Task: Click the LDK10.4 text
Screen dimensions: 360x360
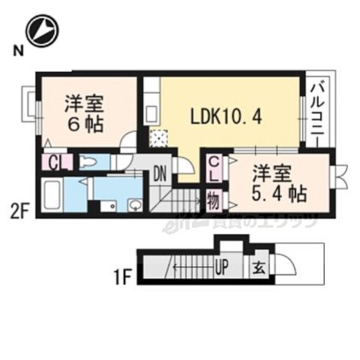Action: click(x=225, y=118)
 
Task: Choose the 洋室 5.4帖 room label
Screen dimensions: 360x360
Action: click(x=278, y=182)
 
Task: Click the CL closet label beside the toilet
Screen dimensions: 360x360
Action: click(x=55, y=162)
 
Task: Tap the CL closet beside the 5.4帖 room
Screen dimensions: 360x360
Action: click(x=214, y=170)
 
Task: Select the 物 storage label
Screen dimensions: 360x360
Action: click(x=214, y=200)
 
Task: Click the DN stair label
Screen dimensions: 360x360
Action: click(x=160, y=174)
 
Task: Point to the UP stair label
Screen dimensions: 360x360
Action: click(x=223, y=266)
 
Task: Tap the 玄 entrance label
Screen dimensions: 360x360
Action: click(x=257, y=266)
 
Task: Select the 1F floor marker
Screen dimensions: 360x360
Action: click(x=122, y=277)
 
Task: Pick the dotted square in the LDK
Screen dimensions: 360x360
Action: click(x=159, y=137)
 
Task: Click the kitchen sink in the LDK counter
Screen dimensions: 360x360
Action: click(x=151, y=113)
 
